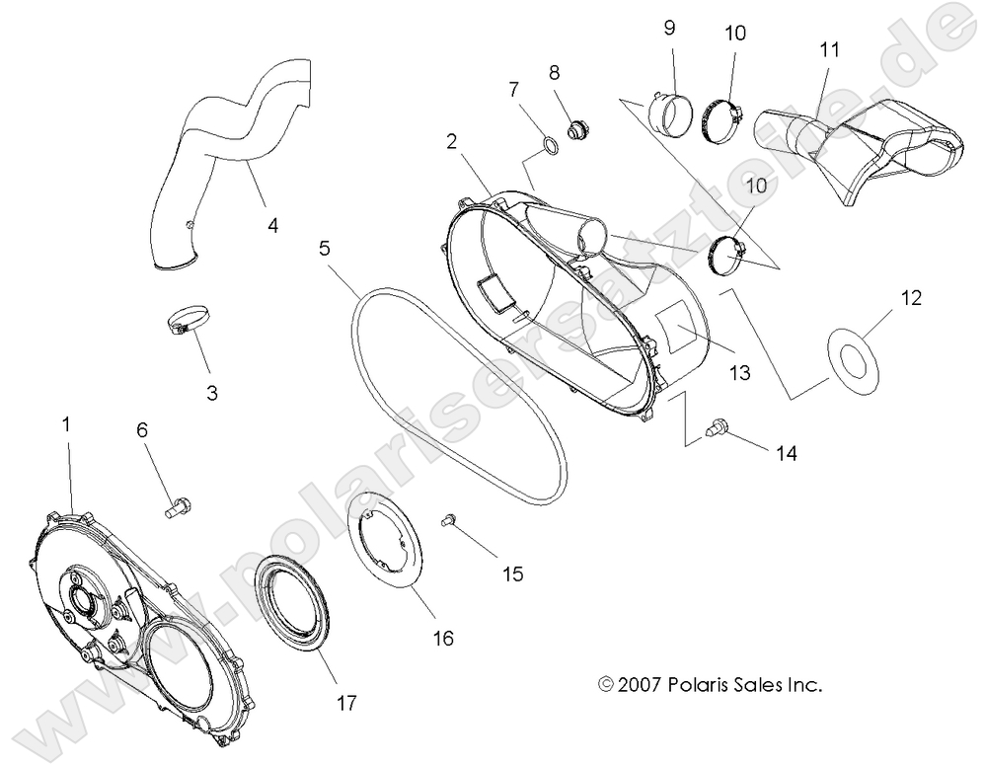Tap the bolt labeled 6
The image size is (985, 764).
tap(178, 508)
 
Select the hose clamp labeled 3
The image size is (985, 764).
tap(188, 322)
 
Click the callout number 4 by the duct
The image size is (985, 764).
tap(272, 225)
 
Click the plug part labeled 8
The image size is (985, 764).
tap(578, 127)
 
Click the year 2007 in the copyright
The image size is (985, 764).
tap(641, 683)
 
